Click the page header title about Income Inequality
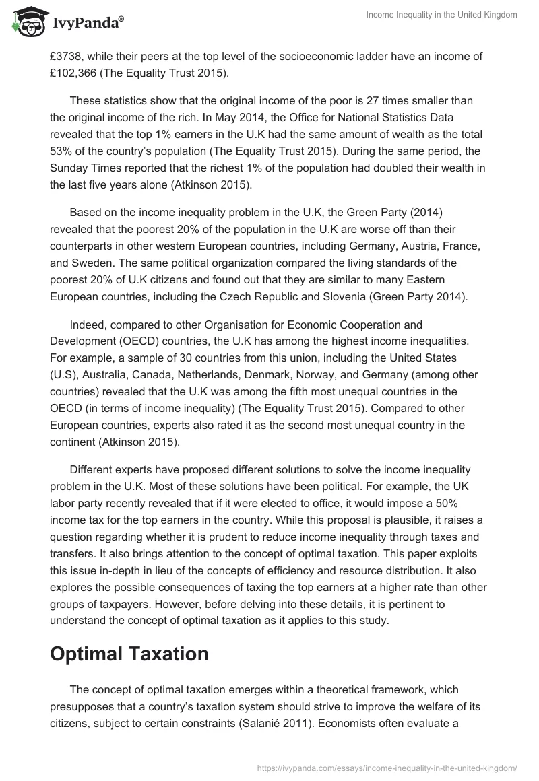click(x=441, y=15)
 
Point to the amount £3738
click(x=67, y=57)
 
